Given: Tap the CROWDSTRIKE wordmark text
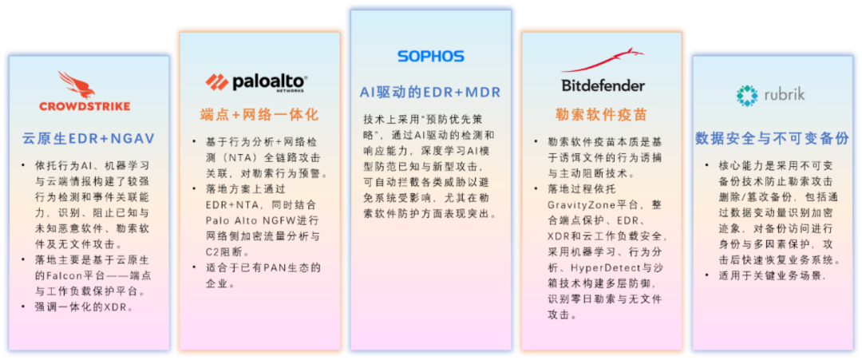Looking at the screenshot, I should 85,106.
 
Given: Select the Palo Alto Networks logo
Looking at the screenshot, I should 256,82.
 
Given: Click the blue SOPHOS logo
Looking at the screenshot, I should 430,57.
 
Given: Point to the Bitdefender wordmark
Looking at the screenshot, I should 603,85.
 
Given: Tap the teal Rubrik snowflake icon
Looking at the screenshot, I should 747,95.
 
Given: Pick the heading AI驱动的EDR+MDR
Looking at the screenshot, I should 430,93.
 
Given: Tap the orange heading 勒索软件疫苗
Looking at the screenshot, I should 603,114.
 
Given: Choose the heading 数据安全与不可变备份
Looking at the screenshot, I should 773,138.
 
